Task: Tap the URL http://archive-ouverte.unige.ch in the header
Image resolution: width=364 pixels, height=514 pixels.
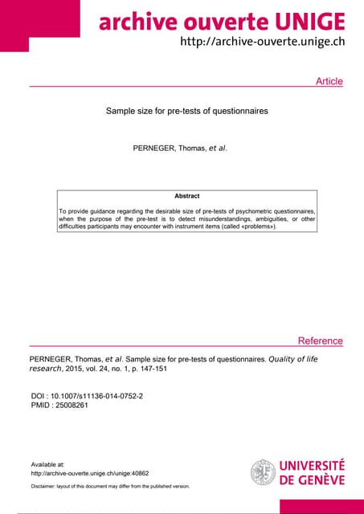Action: pyautogui.click(x=263, y=42)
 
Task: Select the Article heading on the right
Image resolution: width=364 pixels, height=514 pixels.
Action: pyautogui.click(x=329, y=81)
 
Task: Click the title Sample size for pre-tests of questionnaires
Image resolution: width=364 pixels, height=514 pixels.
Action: pyautogui.click(x=186, y=111)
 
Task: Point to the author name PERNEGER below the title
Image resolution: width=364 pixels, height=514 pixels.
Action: pyautogui.click(x=159, y=149)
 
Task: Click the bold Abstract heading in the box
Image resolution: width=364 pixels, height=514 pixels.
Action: pyautogui.click(x=186, y=196)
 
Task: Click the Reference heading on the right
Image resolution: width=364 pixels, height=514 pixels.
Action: pyautogui.click(x=320, y=341)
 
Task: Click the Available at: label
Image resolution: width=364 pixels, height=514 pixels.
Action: pyautogui.click(x=47, y=464)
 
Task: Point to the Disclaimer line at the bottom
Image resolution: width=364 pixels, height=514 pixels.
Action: pyautogui.click(x=110, y=487)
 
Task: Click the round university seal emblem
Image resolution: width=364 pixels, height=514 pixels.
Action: pyautogui.click(x=263, y=471)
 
